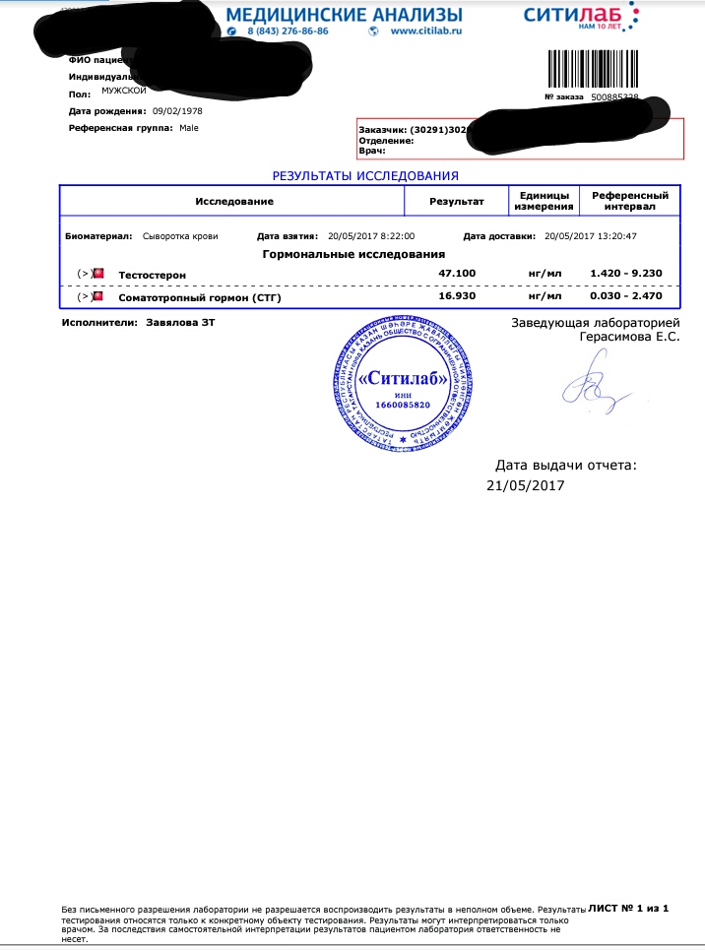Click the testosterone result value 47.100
click(x=457, y=273)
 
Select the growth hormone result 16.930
click(x=457, y=296)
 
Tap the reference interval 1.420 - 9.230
click(x=625, y=273)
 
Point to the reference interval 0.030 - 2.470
click(x=625, y=296)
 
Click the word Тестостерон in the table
click(x=152, y=274)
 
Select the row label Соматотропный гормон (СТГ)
click(x=199, y=297)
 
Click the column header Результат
click(x=457, y=201)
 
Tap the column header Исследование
click(x=233, y=201)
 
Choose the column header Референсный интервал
click(x=629, y=201)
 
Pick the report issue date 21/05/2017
click(x=526, y=485)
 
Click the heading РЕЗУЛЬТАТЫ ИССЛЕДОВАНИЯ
click(x=365, y=176)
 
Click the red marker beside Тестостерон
click(x=98, y=273)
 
